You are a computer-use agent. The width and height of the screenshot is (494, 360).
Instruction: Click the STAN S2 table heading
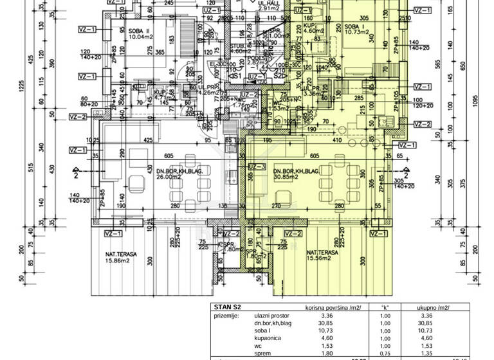click(x=227, y=308)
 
